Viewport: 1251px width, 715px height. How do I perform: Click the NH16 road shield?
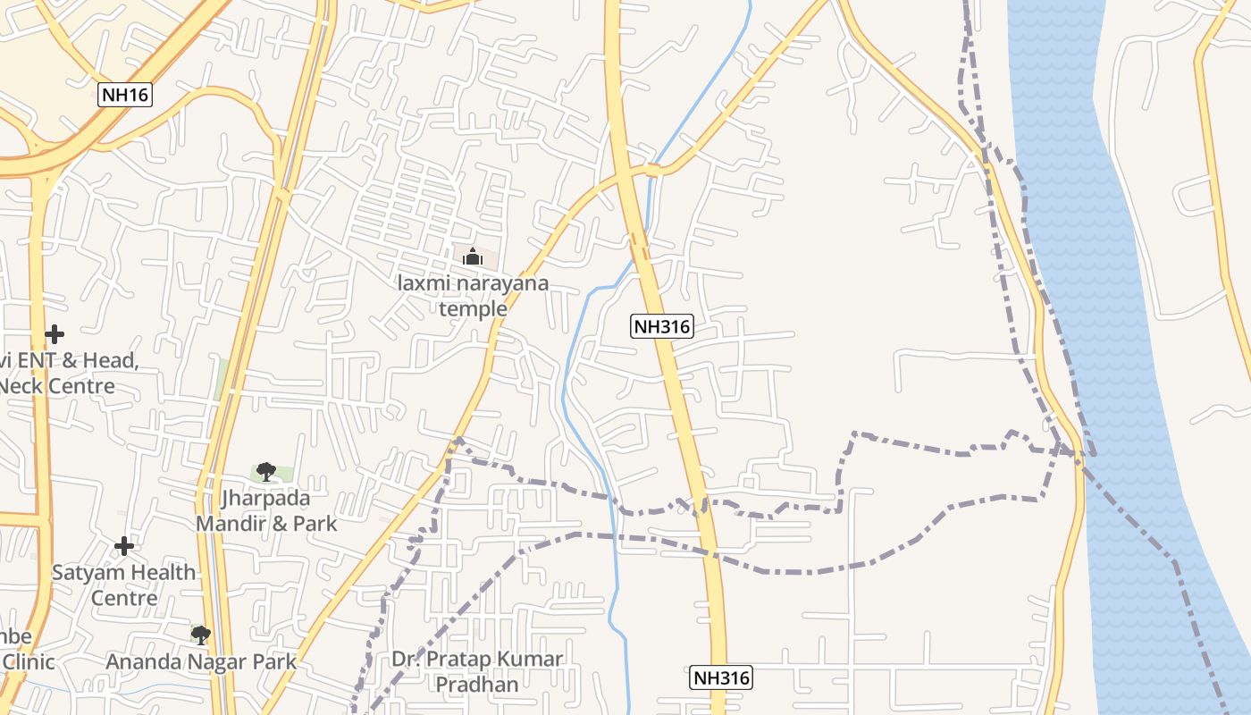click(x=125, y=95)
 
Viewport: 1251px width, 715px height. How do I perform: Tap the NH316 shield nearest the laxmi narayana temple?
click(x=662, y=326)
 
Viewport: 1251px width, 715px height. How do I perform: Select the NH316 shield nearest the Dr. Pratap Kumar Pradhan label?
click(x=721, y=677)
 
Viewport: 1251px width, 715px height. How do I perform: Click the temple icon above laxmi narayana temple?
click(x=473, y=257)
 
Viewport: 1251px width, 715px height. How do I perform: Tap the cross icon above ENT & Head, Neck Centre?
click(x=55, y=334)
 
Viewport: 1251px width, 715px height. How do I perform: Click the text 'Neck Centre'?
click(x=57, y=386)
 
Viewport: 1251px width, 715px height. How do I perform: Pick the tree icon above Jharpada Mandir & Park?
click(x=265, y=471)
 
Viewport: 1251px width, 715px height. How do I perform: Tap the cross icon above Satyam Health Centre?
click(x=124, y=545)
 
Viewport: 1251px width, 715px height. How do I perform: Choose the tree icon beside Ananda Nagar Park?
click(x=201, y=635)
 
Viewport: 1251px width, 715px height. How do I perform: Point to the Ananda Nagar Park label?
click(x=201, y=662)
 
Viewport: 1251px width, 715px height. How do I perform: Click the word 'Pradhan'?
click(x=478, y=685)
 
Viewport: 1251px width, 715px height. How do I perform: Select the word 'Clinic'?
click(x=29, y=662)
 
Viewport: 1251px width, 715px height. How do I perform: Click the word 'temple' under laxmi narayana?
click(x=473, y=309)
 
